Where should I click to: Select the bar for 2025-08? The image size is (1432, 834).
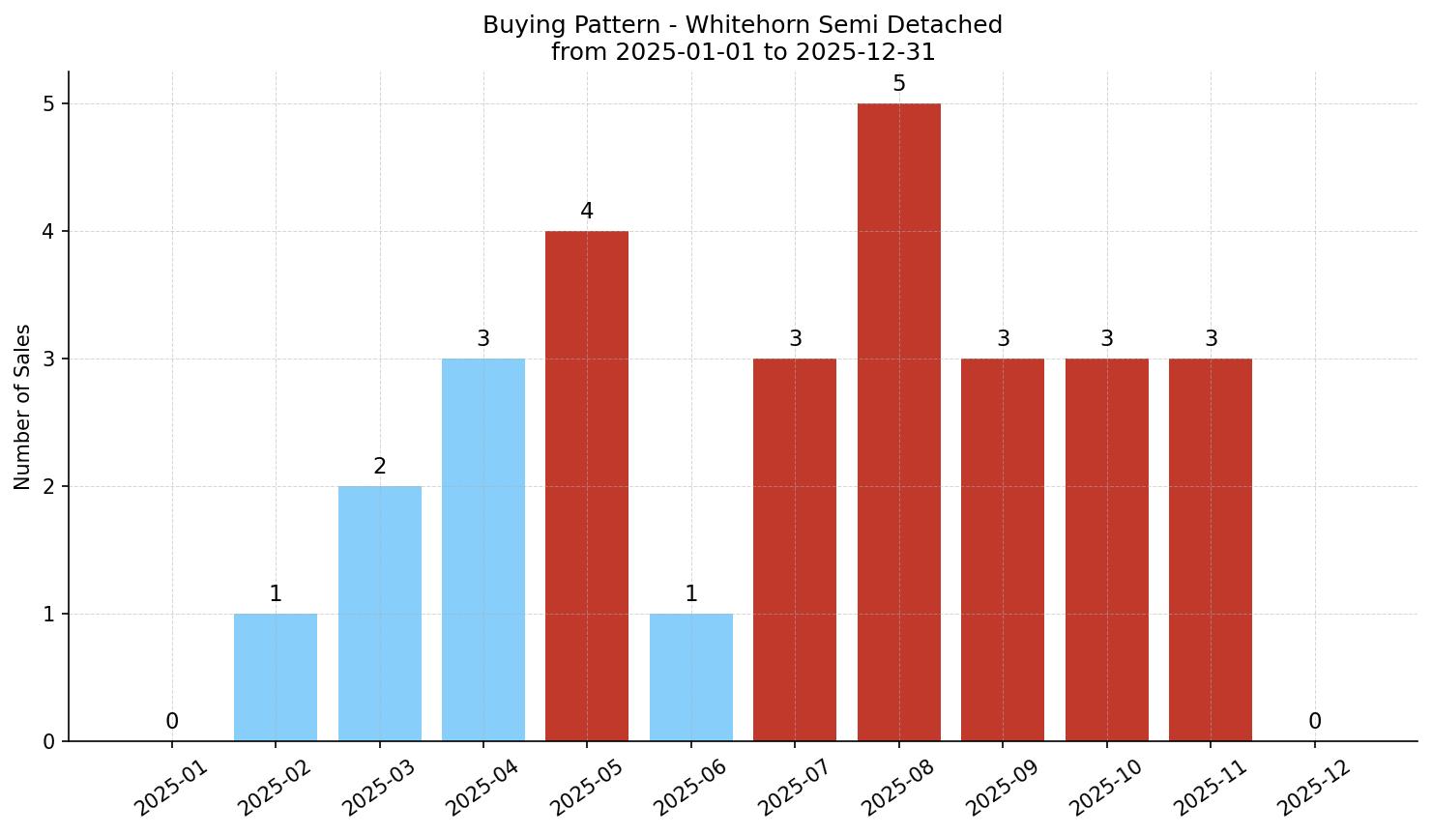coord(898,422)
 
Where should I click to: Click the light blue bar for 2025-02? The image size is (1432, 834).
coord(276,677)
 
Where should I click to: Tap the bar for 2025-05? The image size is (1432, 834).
coord(587,486)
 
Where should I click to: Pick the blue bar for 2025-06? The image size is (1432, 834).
coord(690,677)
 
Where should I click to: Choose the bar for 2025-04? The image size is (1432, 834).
coord(483,550)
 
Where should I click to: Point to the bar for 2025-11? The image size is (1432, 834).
coord(1211,550)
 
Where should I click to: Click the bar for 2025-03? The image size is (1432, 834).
coord(380,614)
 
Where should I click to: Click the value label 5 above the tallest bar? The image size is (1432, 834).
coord(899,84)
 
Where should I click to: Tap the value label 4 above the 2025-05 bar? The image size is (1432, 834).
coord(587,212)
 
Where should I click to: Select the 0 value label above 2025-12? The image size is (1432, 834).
coord(1315,722)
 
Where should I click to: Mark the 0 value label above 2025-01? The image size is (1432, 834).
coord(172,722)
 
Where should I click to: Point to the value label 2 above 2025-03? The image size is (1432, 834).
coord(380,467)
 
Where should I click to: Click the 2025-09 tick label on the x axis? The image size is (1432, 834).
coord(1002,787)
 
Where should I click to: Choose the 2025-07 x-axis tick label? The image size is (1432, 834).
coord(794,787)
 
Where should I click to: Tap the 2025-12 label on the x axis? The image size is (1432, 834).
coord(1313,787)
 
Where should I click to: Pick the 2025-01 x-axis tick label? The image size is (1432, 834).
coord(170,787)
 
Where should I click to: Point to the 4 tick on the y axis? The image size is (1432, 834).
coord(48,231)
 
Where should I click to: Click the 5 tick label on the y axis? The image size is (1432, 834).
coord(48,103)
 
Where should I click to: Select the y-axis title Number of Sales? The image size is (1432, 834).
coord(23,407)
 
